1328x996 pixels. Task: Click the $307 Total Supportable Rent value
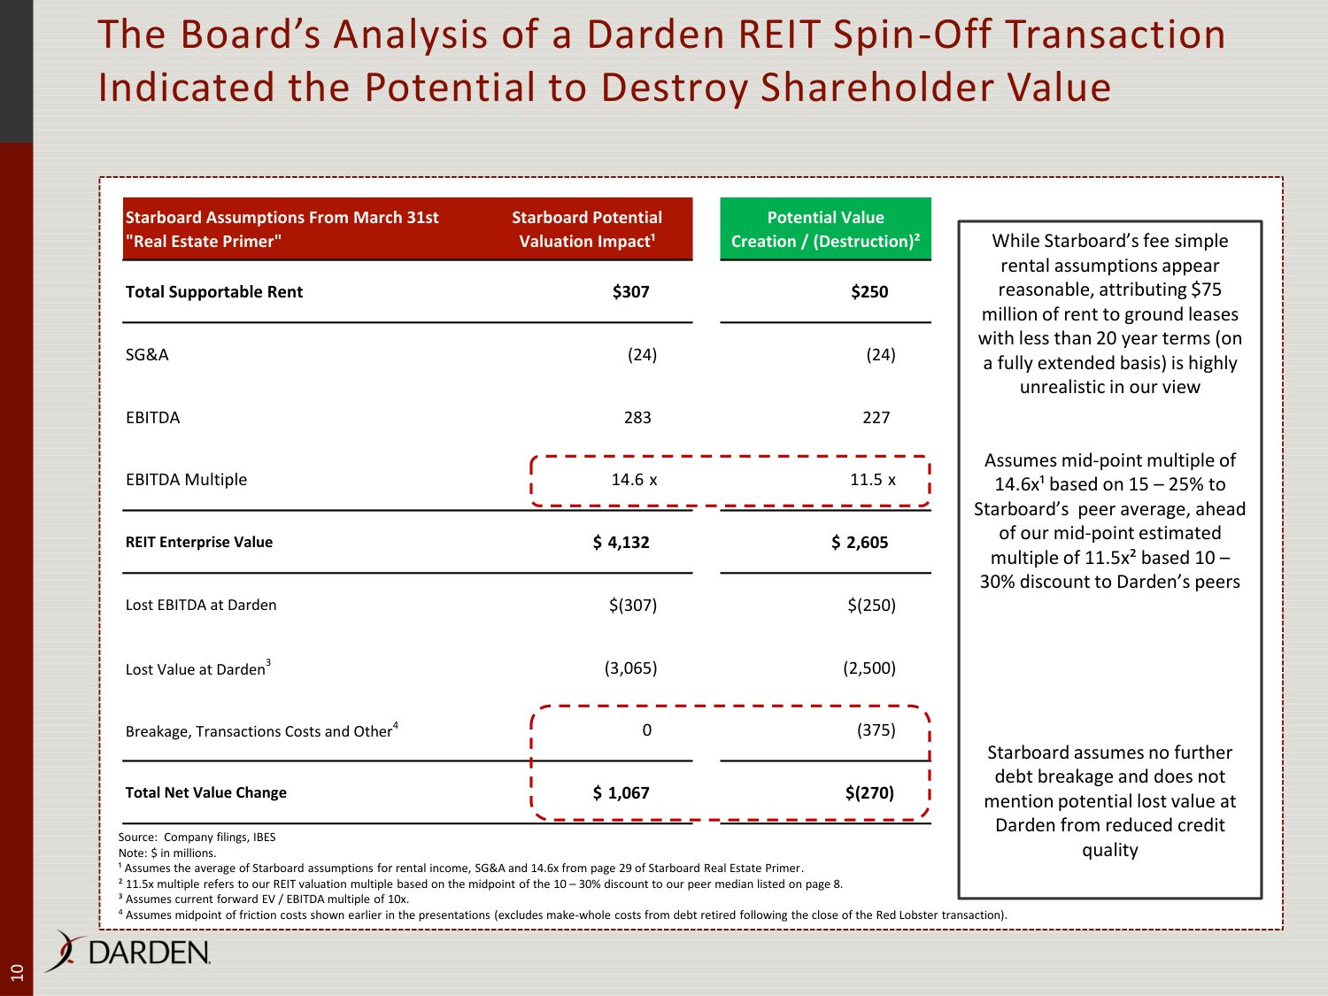point(630,292)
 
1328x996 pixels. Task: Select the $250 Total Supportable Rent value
point(869,292)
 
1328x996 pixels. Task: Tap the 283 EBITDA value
point(637,417)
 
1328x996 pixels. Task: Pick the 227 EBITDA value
point(876,417)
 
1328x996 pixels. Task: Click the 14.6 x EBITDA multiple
point(634,480)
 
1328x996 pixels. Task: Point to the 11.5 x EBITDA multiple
point(872,480)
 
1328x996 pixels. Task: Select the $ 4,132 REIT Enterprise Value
point(621,542)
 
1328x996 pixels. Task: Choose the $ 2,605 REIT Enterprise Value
point(860,542)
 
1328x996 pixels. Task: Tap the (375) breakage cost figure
point(876,730)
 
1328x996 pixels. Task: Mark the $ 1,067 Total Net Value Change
point(621,792)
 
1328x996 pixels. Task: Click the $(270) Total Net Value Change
point(869,792)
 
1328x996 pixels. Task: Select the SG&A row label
point(147,354)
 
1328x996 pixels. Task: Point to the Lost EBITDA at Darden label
point(201,605)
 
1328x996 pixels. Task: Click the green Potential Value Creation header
point(825,228)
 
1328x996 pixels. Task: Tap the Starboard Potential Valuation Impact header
point(587,229)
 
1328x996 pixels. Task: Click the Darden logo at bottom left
point(127,952)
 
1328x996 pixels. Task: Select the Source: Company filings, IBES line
point(197,837)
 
